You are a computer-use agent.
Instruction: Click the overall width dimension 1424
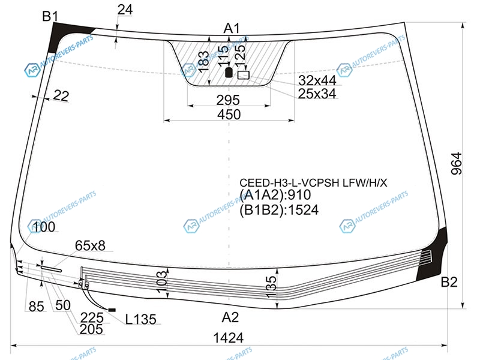click(229, 338)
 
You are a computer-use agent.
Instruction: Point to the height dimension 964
click(456, 163)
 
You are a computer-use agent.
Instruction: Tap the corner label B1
click(50, 16)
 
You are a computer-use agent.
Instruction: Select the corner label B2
click(449, 282)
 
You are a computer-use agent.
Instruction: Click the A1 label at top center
click(232, 28)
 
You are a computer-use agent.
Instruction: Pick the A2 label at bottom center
click(230, 317)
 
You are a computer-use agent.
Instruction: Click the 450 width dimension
click(229, 115)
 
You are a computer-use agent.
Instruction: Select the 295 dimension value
click(228, 100)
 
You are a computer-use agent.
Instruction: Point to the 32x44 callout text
click(317, 80)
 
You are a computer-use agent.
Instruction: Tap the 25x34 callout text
click(317, 94)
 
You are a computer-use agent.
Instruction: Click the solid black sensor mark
click(229, 73)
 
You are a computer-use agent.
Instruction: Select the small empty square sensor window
click(244, 75)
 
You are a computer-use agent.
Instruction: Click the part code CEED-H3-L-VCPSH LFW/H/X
click(313, 183)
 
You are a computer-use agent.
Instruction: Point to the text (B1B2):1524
click(279, 209)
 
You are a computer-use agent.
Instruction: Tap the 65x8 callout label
click(90, 245)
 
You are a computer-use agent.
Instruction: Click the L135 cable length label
click(141, 319)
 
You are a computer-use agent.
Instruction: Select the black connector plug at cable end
click(112, 310)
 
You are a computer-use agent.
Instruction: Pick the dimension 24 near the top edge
click(125, 10)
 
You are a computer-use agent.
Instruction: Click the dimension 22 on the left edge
click(61, 96)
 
